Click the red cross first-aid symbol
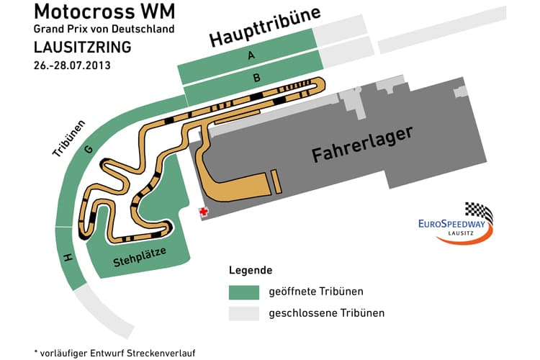pos(204,212)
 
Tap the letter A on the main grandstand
pos(250,55)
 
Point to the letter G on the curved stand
pos(88,150)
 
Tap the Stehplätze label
pos(140,257)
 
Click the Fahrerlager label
pos(362,145)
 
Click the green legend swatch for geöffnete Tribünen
pos(244,293)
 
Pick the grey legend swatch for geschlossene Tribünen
pos(244,314)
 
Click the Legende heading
pos(251,271)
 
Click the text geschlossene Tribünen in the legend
pos(326,313)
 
